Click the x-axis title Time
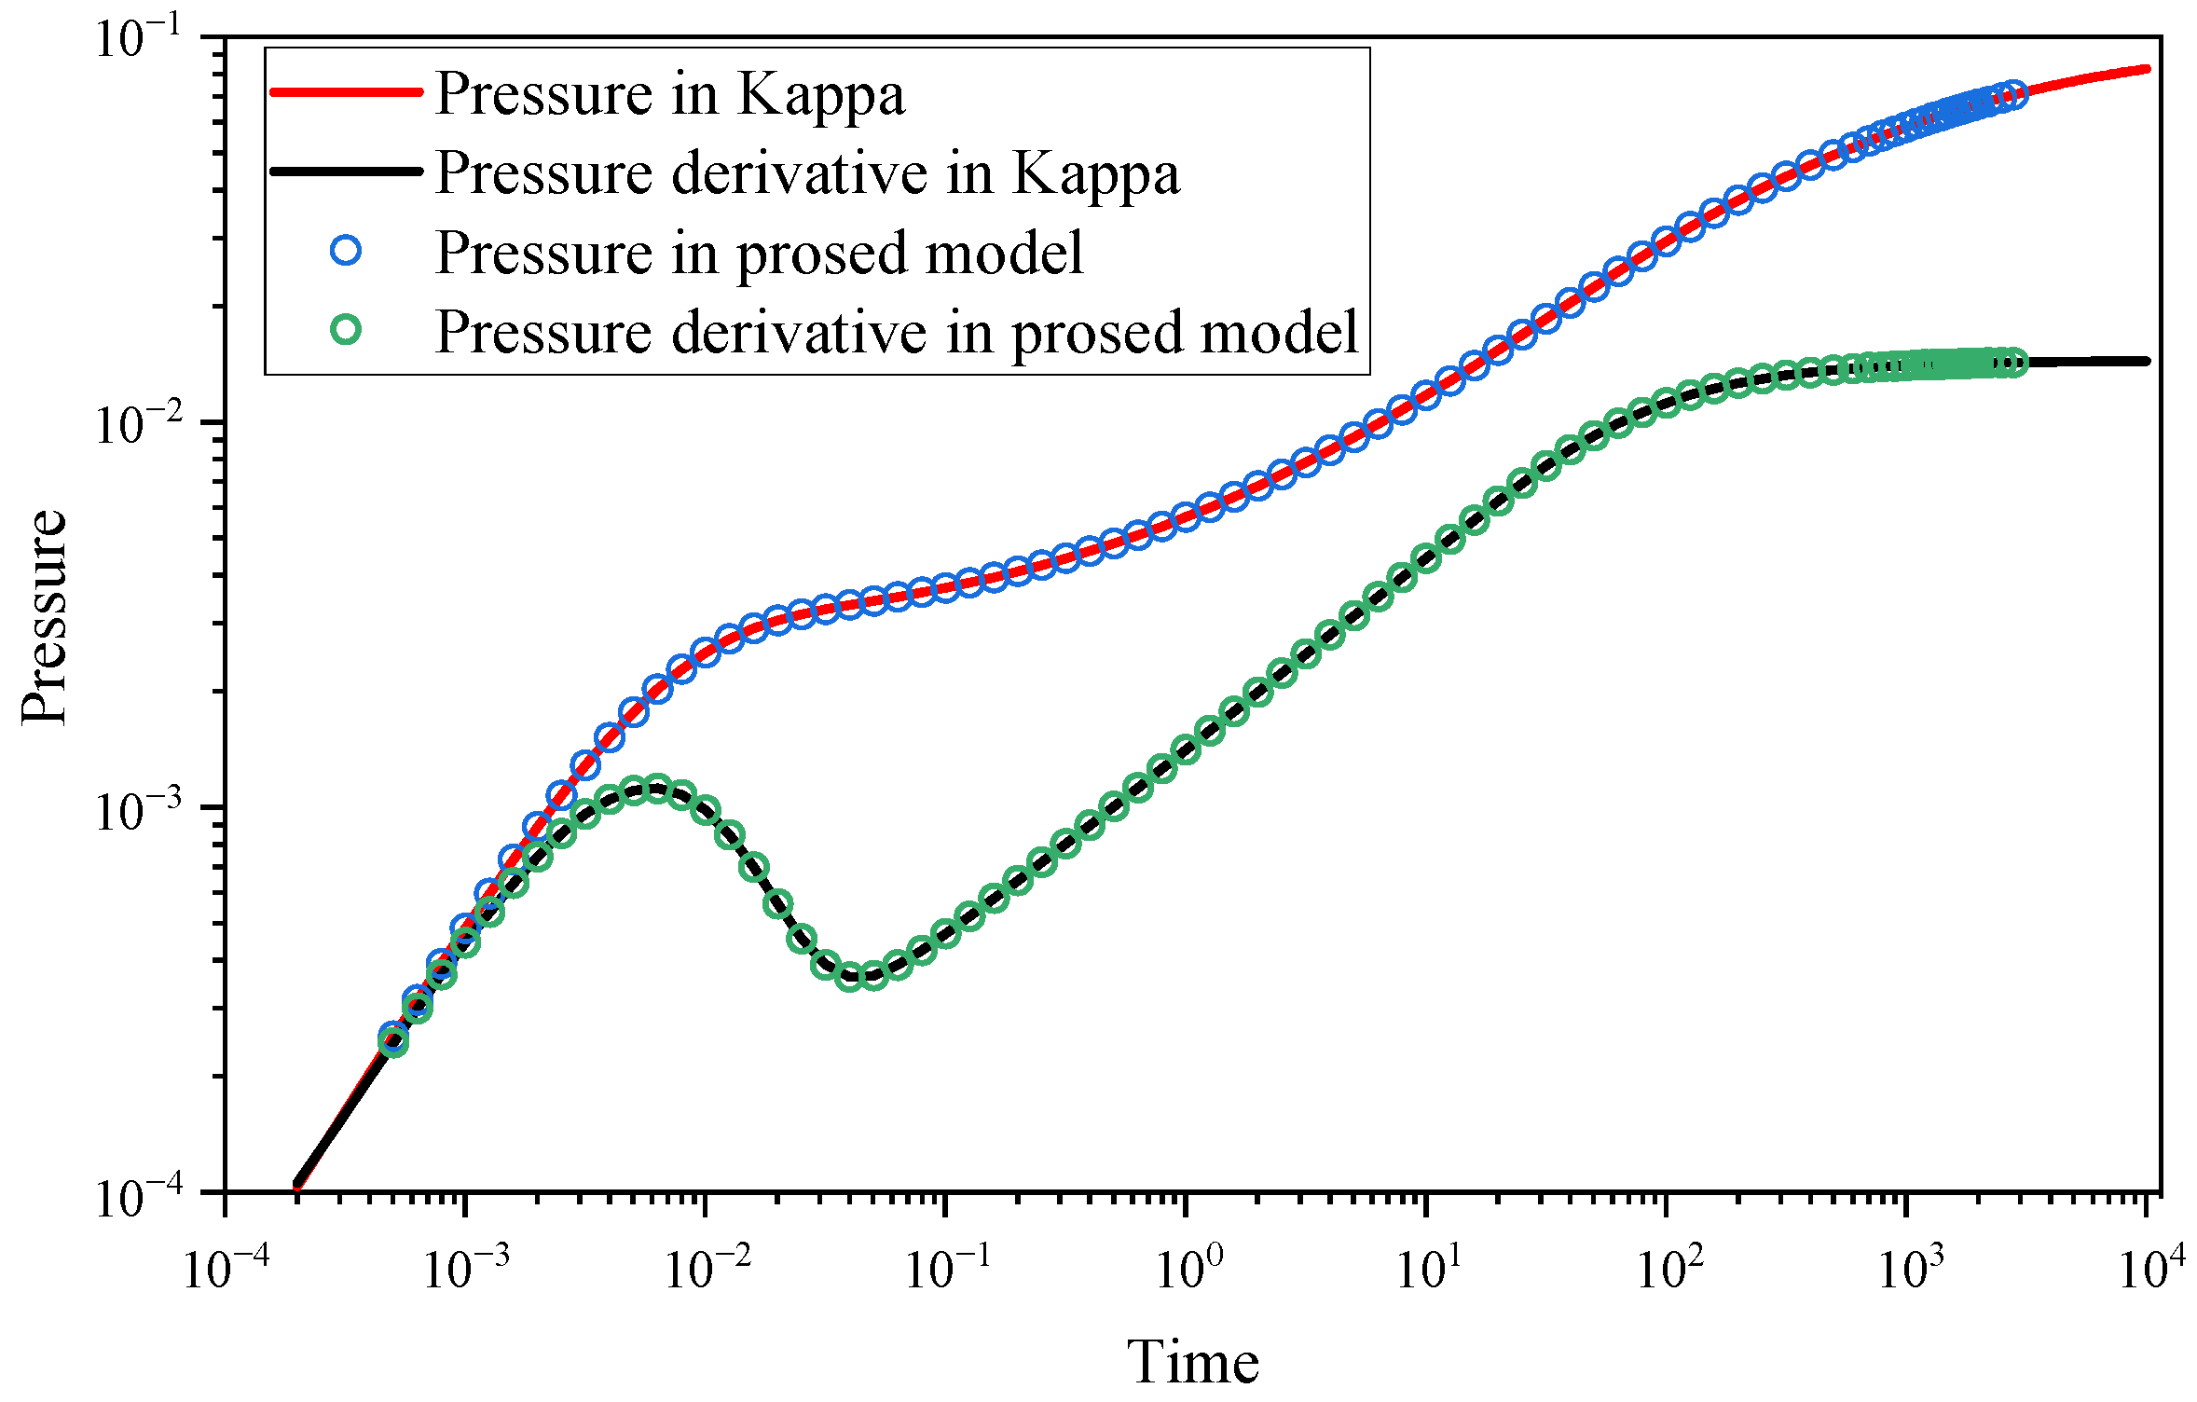click(1192, 1363)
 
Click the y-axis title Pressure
click(45, 616)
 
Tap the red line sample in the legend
click(346, 91)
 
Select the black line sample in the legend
click(346, 171)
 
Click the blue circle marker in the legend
click(346, 250)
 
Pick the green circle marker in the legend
click(346, 329)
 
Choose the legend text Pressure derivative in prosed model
click(897, 332)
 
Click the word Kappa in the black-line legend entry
click(1095, 173)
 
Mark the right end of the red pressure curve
click(2147, 69)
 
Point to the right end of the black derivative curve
click(2147, 361)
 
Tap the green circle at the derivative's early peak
click(657, 789)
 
